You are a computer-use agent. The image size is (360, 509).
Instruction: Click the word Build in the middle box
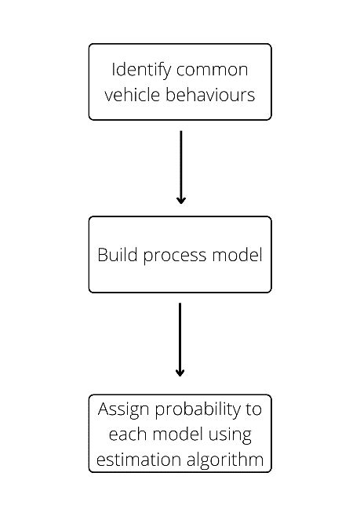115,255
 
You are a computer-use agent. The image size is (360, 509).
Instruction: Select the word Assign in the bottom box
120,409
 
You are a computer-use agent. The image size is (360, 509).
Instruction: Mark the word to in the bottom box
254,409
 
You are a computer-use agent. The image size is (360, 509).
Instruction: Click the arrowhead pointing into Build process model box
180,200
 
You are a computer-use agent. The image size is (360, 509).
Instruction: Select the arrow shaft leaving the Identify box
180,161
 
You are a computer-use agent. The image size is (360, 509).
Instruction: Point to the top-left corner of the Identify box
89,45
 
